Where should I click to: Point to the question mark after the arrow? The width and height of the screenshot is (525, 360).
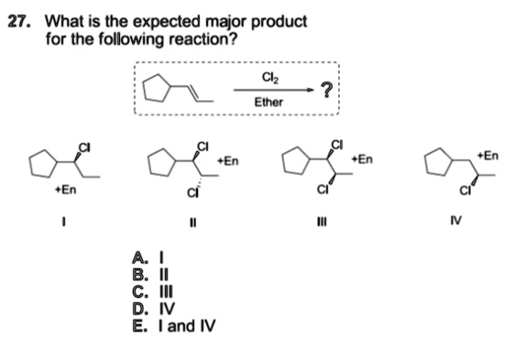pyautogui.click(x=327, y=89)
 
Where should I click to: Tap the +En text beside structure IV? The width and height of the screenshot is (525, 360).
pyautogui.click(x=488, y=156)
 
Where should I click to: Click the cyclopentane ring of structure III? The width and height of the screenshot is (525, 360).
pyautogui.click(x=295, y=163)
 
